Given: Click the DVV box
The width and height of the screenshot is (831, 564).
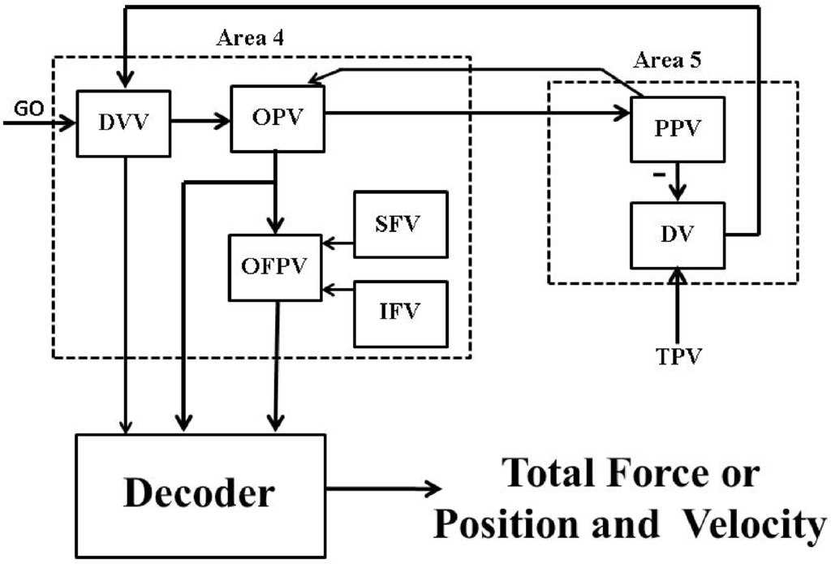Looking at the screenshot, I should (123, 123).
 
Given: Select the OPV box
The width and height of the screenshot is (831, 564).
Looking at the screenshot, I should (278, 118).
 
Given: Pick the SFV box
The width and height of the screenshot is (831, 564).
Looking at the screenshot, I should (401, 224).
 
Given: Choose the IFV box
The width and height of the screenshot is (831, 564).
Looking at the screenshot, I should (401, 313).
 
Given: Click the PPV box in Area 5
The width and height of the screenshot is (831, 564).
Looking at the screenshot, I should (678, 130).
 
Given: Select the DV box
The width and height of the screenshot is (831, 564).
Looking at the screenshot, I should (678, 235).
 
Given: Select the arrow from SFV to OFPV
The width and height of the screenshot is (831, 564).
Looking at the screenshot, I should (339, 243).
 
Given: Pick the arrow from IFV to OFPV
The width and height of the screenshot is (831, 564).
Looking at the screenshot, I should (339, 288).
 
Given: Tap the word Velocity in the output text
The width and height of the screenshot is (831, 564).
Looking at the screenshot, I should (747, 525).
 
